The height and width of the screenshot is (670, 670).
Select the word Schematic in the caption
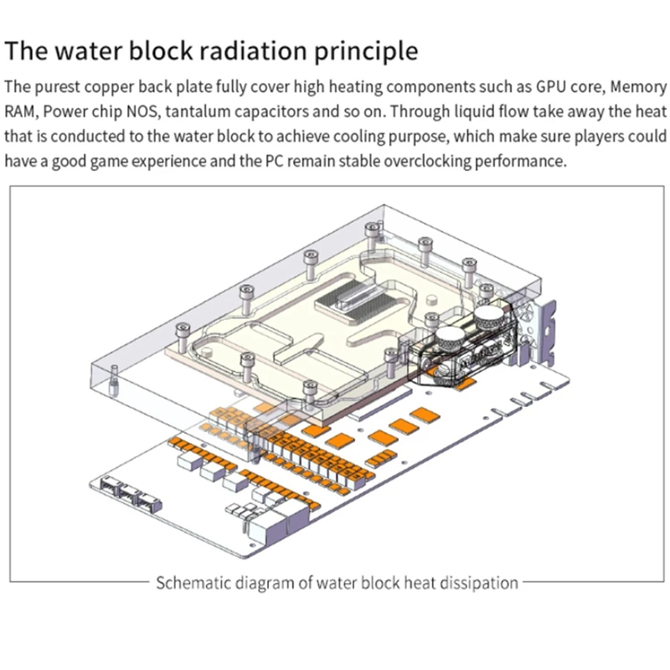(192, 582)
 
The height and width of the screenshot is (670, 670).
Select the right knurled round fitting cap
(489, 317)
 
